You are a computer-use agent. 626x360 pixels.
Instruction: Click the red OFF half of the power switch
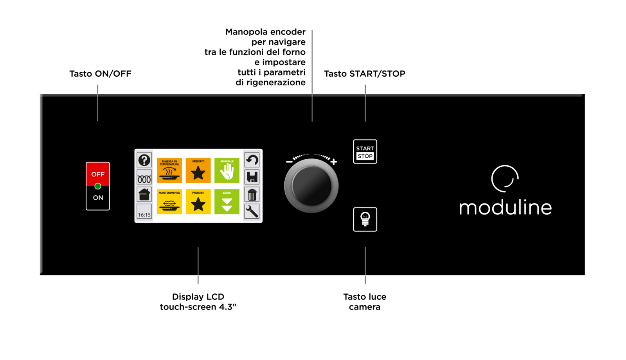[98, 173]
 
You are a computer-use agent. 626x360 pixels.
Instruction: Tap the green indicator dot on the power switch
[98, 186]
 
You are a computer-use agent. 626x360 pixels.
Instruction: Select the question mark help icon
[144, 160]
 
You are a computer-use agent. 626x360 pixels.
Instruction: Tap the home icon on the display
[144, 194]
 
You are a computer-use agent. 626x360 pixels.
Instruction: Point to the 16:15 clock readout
[144, 215]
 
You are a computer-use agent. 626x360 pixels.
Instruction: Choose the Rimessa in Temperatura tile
[169, 170]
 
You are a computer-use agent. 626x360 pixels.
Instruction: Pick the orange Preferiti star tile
[198, 170]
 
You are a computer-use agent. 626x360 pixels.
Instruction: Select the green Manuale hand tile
[227, 170]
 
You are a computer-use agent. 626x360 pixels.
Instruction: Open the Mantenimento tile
[169, 202]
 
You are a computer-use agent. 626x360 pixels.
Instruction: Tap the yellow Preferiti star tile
[198, 202]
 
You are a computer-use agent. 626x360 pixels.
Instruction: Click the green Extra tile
[227, 202]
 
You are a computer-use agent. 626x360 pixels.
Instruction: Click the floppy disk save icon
[252, 177]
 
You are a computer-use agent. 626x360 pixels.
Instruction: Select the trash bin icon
[252, 194]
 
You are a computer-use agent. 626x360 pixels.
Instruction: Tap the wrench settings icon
[252, 211]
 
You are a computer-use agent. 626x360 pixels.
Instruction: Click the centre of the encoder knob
[311, 186]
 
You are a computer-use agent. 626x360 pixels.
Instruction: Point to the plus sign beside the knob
[334, 162]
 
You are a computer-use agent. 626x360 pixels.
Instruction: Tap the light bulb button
[365, 219]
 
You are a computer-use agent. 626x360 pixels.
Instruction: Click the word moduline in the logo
[505, 207]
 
